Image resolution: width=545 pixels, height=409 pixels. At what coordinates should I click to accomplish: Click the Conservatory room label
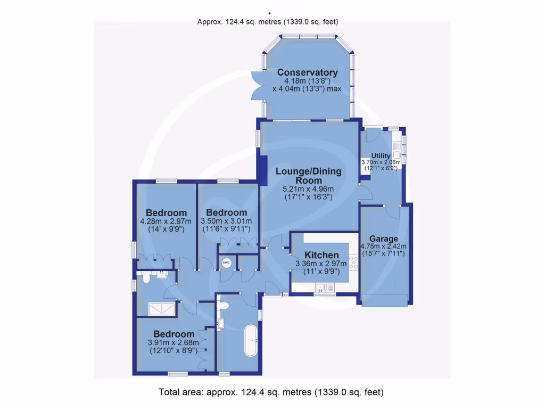tap(307, 72)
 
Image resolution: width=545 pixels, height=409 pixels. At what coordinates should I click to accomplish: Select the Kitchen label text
tap(321, 255)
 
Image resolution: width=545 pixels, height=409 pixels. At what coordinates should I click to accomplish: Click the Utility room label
tap(381, 156)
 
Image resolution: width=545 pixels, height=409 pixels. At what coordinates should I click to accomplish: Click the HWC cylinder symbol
tap(226, 263)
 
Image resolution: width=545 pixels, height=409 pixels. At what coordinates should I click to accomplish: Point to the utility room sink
tap(397, 155)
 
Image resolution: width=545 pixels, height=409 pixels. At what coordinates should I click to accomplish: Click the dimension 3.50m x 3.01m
tap(226, 221)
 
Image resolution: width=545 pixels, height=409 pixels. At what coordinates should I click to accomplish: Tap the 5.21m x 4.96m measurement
tap(308, 189)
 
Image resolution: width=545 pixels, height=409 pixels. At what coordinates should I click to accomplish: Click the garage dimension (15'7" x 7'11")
tap(383, 253)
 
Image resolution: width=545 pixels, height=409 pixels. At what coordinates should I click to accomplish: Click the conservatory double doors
tap(257, 85)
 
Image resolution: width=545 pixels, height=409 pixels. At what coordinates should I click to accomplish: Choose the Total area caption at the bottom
tap(271, 392)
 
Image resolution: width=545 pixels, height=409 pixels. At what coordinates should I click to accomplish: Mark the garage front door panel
tap(385, 302)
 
